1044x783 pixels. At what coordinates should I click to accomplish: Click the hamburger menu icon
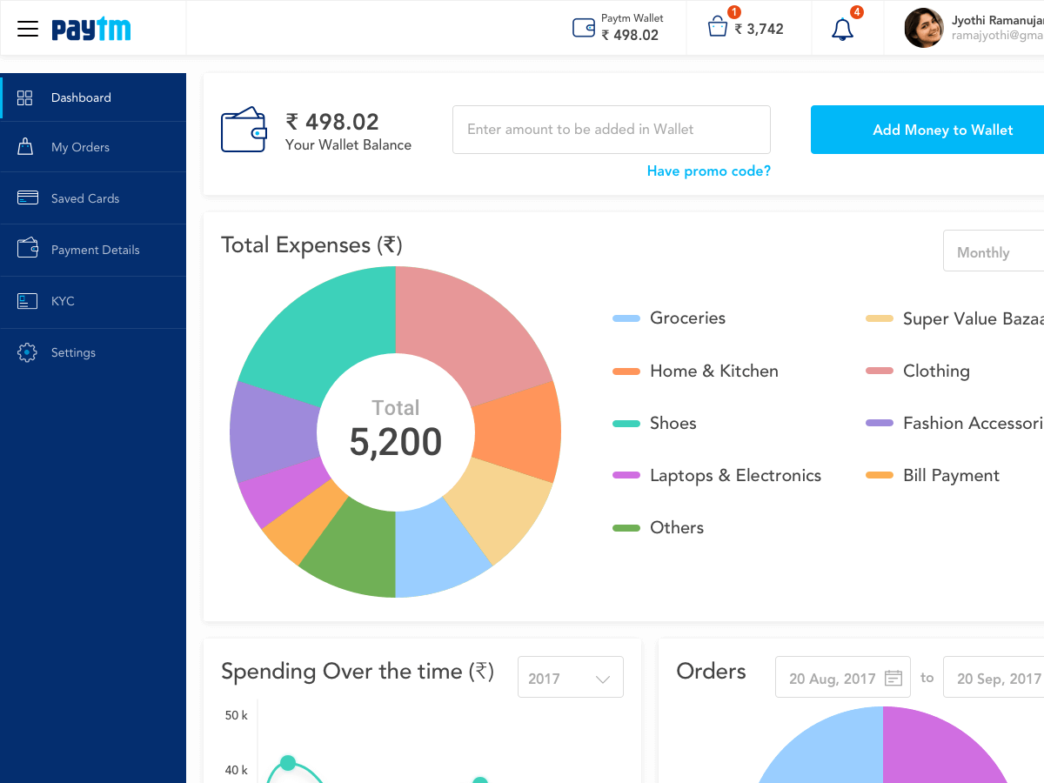click(x=28, y=29)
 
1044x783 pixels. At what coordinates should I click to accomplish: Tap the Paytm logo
click(x=91, y=30)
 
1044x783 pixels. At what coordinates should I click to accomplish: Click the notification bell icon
click(x=842, y=30)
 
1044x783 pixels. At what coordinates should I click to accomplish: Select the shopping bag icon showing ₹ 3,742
click(x=717, y=28)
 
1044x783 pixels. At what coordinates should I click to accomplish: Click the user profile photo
click(x=923, y=28)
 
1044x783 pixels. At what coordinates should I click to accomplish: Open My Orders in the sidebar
click(x=80, y=147)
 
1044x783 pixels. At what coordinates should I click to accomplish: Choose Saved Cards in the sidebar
click(x=84, y=198)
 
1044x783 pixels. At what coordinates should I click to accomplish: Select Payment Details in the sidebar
click(x=95, y=250)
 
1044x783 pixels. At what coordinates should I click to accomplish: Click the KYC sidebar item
click(x=63, y=301)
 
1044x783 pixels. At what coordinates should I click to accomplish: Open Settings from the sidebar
click(x=73, y=352)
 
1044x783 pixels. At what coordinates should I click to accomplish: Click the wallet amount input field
click(x=611, y=130)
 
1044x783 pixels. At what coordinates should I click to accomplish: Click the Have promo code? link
click(x=708, y=171)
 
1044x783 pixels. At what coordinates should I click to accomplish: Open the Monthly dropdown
click(x=992, y=252)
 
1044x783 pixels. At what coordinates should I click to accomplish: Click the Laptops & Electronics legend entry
click(x=734, y=476)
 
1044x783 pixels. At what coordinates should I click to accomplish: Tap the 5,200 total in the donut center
click(x=396, y=442)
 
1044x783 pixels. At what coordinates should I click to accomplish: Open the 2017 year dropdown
click(x=570, y=679)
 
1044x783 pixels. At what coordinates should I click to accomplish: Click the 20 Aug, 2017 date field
click(x=842, y=679)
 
